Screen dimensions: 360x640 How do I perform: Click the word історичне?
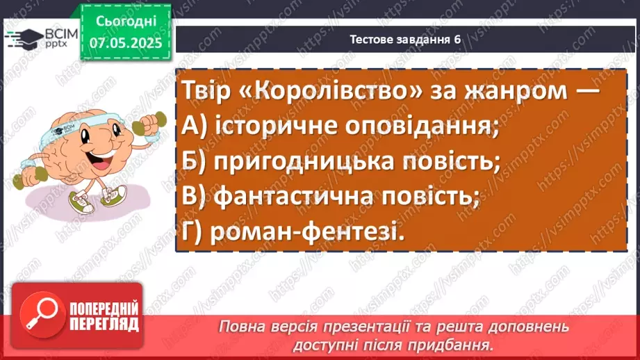tap(267, 127)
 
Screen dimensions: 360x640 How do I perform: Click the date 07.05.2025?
tap(125, 42)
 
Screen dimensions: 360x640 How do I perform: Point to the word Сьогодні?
tap(125, 22)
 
